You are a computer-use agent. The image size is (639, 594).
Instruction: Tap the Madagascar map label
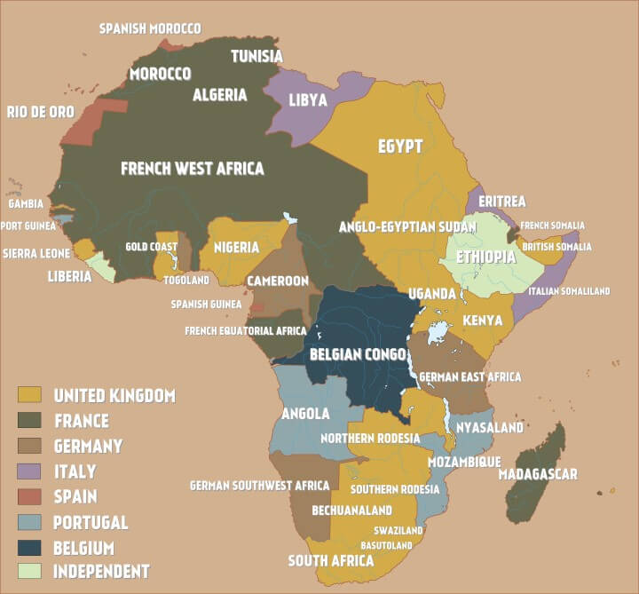pos(538,473)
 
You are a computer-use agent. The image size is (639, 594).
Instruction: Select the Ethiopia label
pos(485,257)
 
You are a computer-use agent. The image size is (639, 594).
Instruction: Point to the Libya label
pos(308,99)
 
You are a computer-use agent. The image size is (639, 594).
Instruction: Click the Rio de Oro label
pos(41,112)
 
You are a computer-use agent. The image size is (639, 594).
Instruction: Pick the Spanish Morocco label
pos(149,28)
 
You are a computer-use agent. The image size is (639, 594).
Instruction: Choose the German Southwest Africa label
pos(259,486)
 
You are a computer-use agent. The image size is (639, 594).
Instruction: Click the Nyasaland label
pos(489,427)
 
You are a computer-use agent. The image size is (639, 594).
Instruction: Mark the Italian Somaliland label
pos(569,291)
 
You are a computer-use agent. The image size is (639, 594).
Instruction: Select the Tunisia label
pos(256,56)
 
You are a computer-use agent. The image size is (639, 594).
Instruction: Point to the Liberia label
pos(69,276)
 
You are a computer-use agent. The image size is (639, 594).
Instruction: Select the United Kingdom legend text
pos(114,395)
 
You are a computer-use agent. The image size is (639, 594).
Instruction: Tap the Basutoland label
pos(386,544)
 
